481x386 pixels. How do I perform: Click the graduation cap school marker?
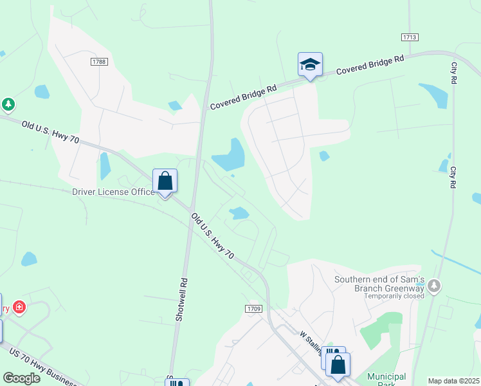[310, 65]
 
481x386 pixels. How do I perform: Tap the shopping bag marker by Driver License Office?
[165, 182]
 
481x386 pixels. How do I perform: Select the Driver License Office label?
[113, 192]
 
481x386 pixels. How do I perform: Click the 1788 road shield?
[98, 62]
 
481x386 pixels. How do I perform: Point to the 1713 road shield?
[410, 38]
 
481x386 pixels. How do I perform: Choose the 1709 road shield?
[253, 309]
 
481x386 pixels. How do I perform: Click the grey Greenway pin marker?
[435, 285]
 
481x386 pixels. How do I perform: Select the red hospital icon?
[19, 308]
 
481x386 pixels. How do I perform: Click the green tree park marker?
[8, 104]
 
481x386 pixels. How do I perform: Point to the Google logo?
[21, 378]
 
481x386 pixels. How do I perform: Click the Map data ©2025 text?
[453, 381]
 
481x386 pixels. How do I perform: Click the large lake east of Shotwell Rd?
[230, 156]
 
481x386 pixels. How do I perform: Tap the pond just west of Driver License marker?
[105, 167]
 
